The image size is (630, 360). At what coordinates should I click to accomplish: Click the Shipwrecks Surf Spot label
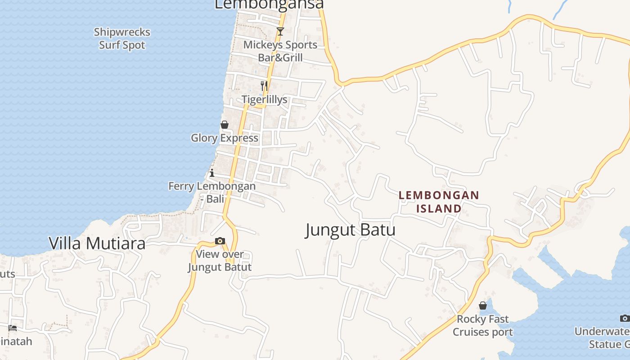(122, 39)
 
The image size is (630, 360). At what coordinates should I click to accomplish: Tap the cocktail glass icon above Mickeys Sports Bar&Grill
(280, 31)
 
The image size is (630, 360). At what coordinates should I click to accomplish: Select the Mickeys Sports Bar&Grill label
(280, 51)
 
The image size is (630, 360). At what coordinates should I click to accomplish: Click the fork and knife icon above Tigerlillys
(264, 85)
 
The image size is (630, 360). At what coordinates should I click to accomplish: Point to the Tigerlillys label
(265, 99)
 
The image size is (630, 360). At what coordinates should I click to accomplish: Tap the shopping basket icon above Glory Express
(225, 125)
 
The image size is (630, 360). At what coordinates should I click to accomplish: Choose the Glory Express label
(225, 138)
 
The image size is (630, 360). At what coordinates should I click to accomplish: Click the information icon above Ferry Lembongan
(212, 173)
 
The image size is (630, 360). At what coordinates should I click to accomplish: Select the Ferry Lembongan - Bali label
(212, 192)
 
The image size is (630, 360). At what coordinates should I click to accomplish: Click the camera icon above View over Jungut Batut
(220, 241)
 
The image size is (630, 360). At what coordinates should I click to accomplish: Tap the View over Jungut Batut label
(220, 261)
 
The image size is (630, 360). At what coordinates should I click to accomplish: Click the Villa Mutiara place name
(97, 243)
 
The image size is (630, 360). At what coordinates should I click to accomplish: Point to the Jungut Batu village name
(350, 230)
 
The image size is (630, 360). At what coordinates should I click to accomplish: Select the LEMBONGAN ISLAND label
(439, 202)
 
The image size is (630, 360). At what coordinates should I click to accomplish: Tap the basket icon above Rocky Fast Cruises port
(483, 306)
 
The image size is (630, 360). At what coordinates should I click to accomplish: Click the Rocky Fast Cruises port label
(482, 325)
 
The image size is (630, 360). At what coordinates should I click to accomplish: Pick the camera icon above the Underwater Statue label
(625, 318)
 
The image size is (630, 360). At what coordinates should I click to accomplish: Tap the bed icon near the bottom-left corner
(13, 328)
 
